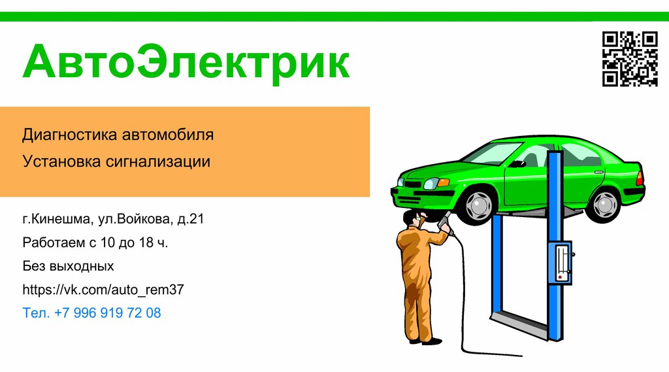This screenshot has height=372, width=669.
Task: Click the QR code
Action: pyautogui.click(x=629, y=59)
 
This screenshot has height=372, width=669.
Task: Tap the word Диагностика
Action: pyautogui.click(x=69, y=135)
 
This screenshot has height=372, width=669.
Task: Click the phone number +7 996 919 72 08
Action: pyautogui.click(x=108, y=313)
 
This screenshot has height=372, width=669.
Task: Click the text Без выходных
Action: pyautogui.click(x=68, y=266)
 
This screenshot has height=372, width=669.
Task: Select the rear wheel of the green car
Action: pyautogui.click(x=603, y=204)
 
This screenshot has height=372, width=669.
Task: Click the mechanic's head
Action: pyautogui.click(x=412, y=218)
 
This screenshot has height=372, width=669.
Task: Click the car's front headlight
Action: pyautogui.click(x=432, y=184)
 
